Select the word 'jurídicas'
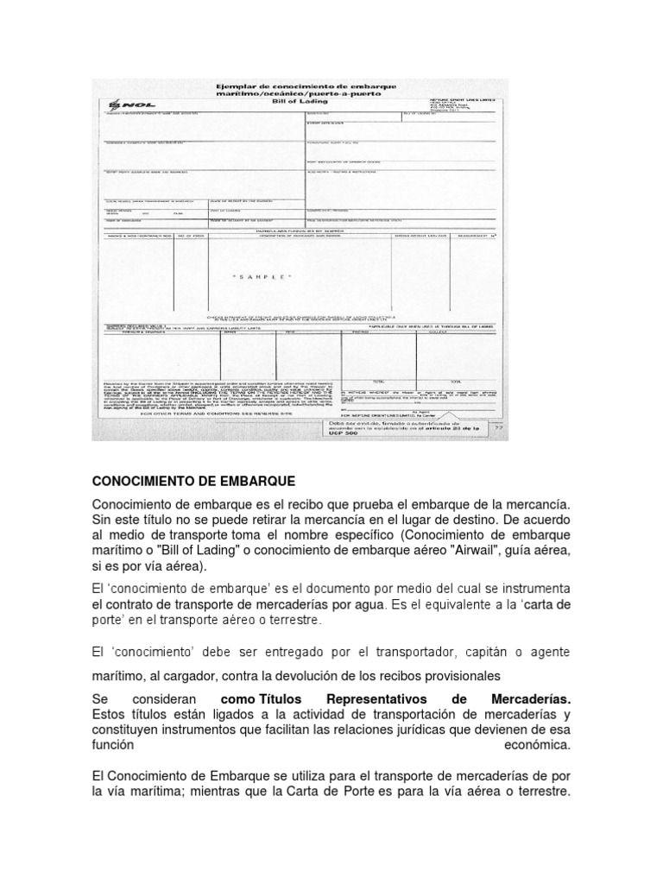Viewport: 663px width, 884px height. click(x=440, y=729)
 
